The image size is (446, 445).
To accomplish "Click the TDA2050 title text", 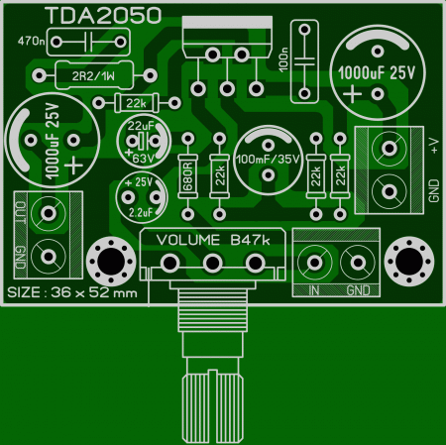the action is point(103,16).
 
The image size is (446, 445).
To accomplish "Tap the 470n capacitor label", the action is point(32,41).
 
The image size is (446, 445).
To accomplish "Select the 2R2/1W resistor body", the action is point(94,75).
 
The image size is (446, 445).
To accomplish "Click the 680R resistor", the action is point(187,176).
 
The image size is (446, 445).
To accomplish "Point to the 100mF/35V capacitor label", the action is point(268,160).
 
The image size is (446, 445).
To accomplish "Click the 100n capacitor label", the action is point(283,59).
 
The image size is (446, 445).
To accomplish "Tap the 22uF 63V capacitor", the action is point(144,141).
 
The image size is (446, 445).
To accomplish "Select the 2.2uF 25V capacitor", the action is point(142,197).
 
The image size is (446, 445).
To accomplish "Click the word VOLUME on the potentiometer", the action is point(188,240).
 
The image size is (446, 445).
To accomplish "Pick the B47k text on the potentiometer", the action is point(250,240).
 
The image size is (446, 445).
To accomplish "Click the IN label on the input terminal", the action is point(314,290).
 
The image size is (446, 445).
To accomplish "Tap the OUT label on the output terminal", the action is point(21,213).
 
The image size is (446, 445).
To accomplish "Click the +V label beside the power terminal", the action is point(434,146).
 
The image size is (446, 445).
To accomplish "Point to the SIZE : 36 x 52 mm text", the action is point(72,292).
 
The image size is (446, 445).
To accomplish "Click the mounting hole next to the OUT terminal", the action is point(111,261).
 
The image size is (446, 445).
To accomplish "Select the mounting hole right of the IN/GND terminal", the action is point(409,261).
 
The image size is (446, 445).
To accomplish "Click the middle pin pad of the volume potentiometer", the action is point(212,264).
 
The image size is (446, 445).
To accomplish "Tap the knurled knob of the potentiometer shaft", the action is point(212,407).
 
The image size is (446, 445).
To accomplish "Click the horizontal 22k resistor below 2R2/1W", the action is point(137,103).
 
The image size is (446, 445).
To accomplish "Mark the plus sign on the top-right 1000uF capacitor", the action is point(352,94).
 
